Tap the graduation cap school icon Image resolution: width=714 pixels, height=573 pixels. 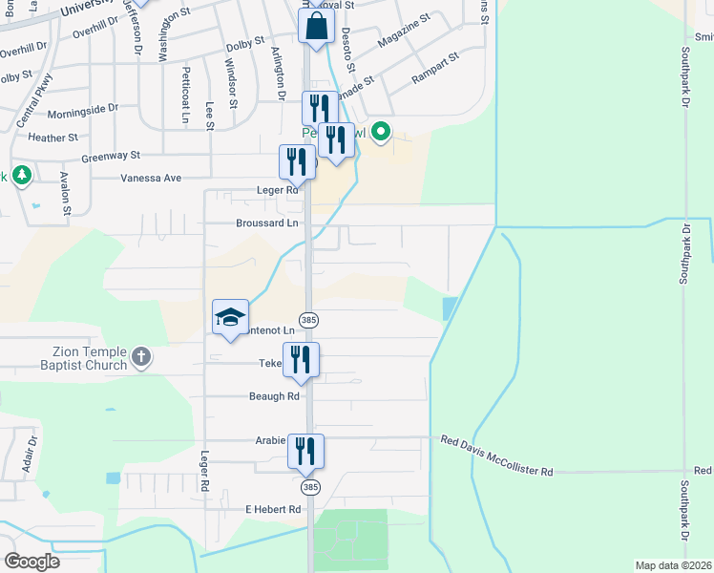click(230, 317)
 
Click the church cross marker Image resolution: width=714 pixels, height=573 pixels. click(140, 358)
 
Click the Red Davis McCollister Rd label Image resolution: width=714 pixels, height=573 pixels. click(496, 470)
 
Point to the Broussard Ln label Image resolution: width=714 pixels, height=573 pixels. click(267, 223)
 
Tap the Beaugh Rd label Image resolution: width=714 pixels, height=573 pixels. click(274, 396)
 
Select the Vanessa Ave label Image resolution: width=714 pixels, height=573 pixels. click(151, 178)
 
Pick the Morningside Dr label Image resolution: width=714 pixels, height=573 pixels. click(82, 111)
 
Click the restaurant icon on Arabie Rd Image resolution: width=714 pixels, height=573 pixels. click(306, 451)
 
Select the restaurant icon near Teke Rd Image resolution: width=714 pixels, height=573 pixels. click(301, 359)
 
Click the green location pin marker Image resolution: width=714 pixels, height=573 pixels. click(381, 132)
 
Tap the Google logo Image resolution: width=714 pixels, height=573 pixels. click(31, 562)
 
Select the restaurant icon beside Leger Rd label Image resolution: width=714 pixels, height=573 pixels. click(297, 161)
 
